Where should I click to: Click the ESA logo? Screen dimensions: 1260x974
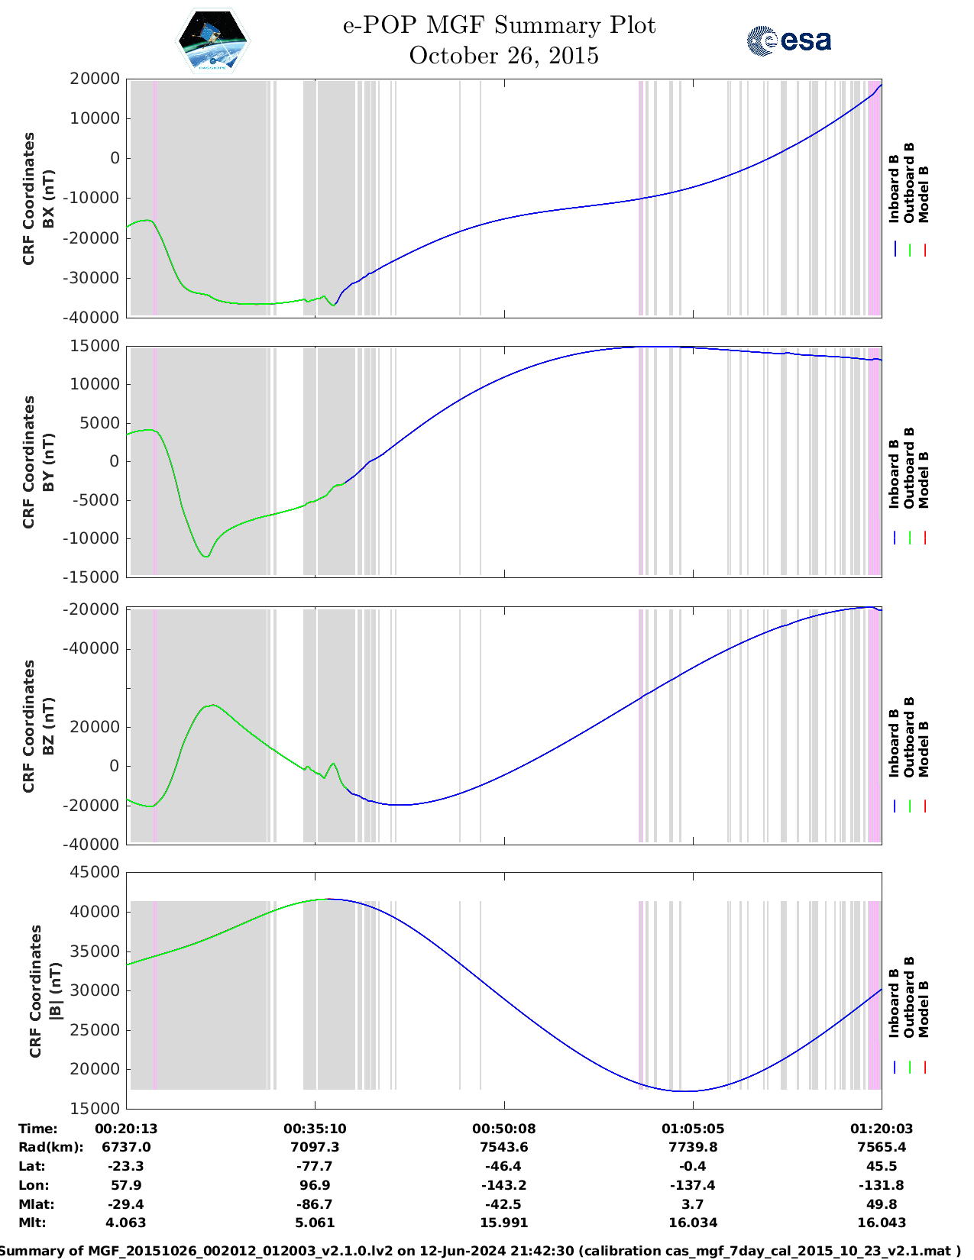coord(789,40)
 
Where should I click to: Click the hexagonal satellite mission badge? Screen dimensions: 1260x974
coord(212,41)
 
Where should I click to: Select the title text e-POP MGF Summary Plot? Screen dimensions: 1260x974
coord(499,25)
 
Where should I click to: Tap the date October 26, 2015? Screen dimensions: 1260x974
coord(503,56)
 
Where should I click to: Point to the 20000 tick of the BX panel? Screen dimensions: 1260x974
coord(94,79)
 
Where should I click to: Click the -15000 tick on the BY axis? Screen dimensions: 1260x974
coord(94,577)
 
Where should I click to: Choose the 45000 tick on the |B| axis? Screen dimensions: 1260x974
coord(94,872)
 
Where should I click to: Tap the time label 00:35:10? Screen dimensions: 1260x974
coord(315,1129)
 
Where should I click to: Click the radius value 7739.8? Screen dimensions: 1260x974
coord(693,1147)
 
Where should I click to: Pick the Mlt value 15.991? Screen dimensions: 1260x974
coord(503,1223)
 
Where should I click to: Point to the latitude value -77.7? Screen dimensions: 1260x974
coord(315,1166)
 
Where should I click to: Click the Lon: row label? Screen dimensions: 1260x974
coord(34,1185)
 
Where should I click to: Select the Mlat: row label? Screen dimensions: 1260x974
coord(36,1204)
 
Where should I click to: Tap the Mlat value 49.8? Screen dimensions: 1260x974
coord(882,1204)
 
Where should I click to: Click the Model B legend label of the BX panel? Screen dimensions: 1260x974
coord(924,194)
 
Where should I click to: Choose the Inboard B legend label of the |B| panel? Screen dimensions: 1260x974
coord(894,1003)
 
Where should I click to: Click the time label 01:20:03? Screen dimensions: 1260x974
coord(882,1129)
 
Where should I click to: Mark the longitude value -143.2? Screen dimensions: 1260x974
coord(503,1185)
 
